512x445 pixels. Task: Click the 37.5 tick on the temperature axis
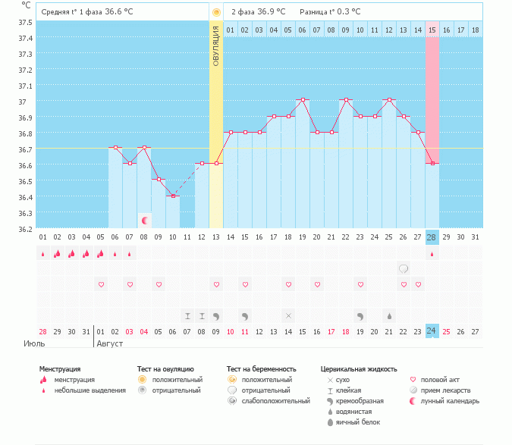click(x=26, y=22)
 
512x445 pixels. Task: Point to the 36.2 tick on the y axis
click(x=26, y=228)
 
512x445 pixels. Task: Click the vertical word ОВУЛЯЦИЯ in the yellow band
click(x=216, y=45)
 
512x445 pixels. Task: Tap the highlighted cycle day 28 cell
click(x=432, y=237)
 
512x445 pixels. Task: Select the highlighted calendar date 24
click(x=432, y=331)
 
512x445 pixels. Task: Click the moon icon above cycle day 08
click(x=144, y=221)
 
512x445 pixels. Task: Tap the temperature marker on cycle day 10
click(x=173, y=196)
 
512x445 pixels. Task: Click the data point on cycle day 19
click(x=303, y=100)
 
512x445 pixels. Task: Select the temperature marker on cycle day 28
click(x=432, y=164)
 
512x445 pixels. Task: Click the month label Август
click(x=109, y=343)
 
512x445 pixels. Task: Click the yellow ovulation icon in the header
click(x=216, y=12)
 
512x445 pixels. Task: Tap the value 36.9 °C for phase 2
click(x=271, y=12)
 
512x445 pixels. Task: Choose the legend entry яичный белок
click(x=358, y=422)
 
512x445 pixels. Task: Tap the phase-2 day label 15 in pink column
click(x=432, y=30)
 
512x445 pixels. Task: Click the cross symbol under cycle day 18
click(x=288, y=315)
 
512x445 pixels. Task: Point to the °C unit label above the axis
click(x=27, y=5)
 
